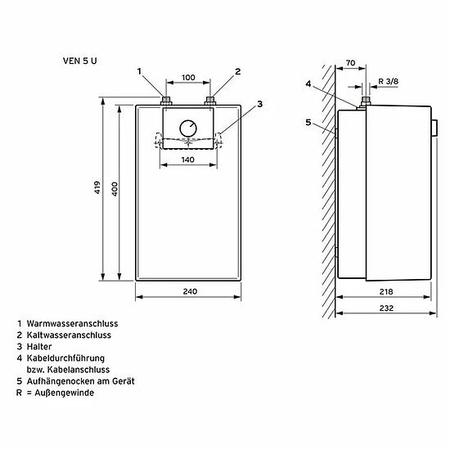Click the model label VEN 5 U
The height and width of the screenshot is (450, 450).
click(x=80, y=61)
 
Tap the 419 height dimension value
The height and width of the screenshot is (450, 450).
click(x=97, y=187)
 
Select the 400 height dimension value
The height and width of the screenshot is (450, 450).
click(x=115, y=189)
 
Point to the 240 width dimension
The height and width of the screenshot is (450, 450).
click(x=190, y=291)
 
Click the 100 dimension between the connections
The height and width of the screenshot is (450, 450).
click(x=188, y=78)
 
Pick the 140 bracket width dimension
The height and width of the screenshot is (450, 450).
click(x=187, y=160)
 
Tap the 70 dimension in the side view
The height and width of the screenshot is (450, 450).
click(x=350, y=63)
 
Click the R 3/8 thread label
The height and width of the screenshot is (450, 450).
click(x=389, y=82)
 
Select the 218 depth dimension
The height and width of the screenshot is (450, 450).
click(x=386, y=292)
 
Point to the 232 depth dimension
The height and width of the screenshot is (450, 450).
click(x=386, y=308)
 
